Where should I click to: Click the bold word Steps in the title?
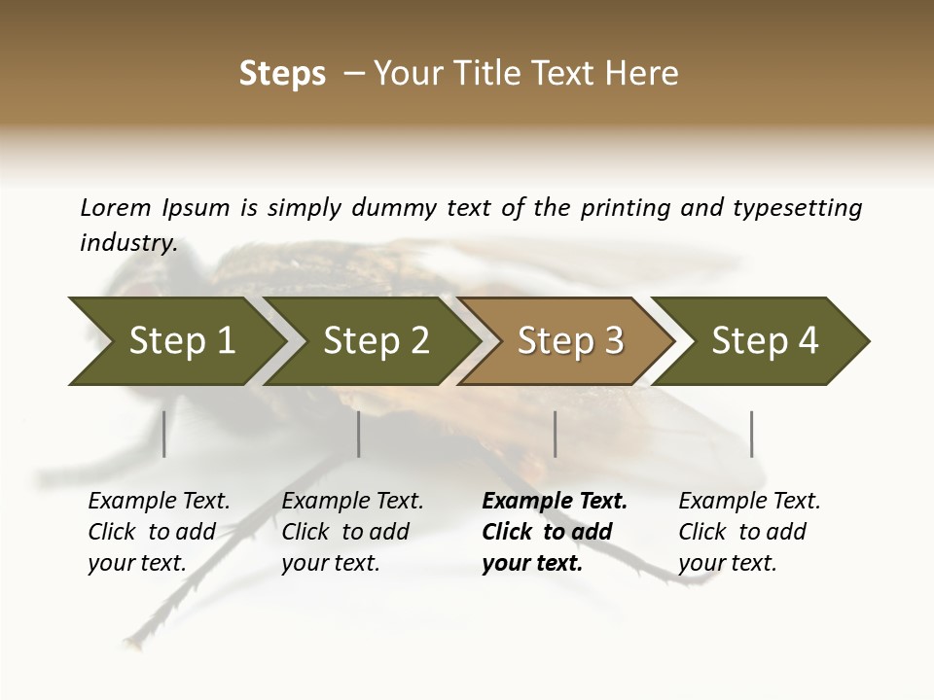[282, 74]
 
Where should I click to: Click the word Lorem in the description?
[116, 208]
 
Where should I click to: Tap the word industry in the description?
[127, 243]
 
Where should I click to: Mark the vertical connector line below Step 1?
[164, 434]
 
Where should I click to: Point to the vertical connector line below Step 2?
[359, 434]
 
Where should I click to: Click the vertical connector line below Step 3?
[556, 434]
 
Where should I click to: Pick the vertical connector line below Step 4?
[752, 434]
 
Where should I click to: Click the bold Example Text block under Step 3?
[554, 532]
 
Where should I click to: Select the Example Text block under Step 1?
[159, 532]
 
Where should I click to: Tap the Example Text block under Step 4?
[748, 532]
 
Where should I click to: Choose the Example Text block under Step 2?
[352, 532]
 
